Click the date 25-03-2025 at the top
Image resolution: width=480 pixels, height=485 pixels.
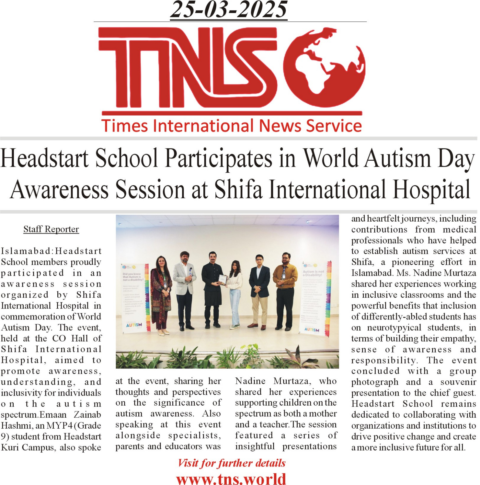228,10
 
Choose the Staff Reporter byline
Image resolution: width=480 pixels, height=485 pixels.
51,229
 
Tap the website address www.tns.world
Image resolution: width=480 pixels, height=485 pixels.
231,479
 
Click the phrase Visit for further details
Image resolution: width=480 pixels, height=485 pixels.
232,463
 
